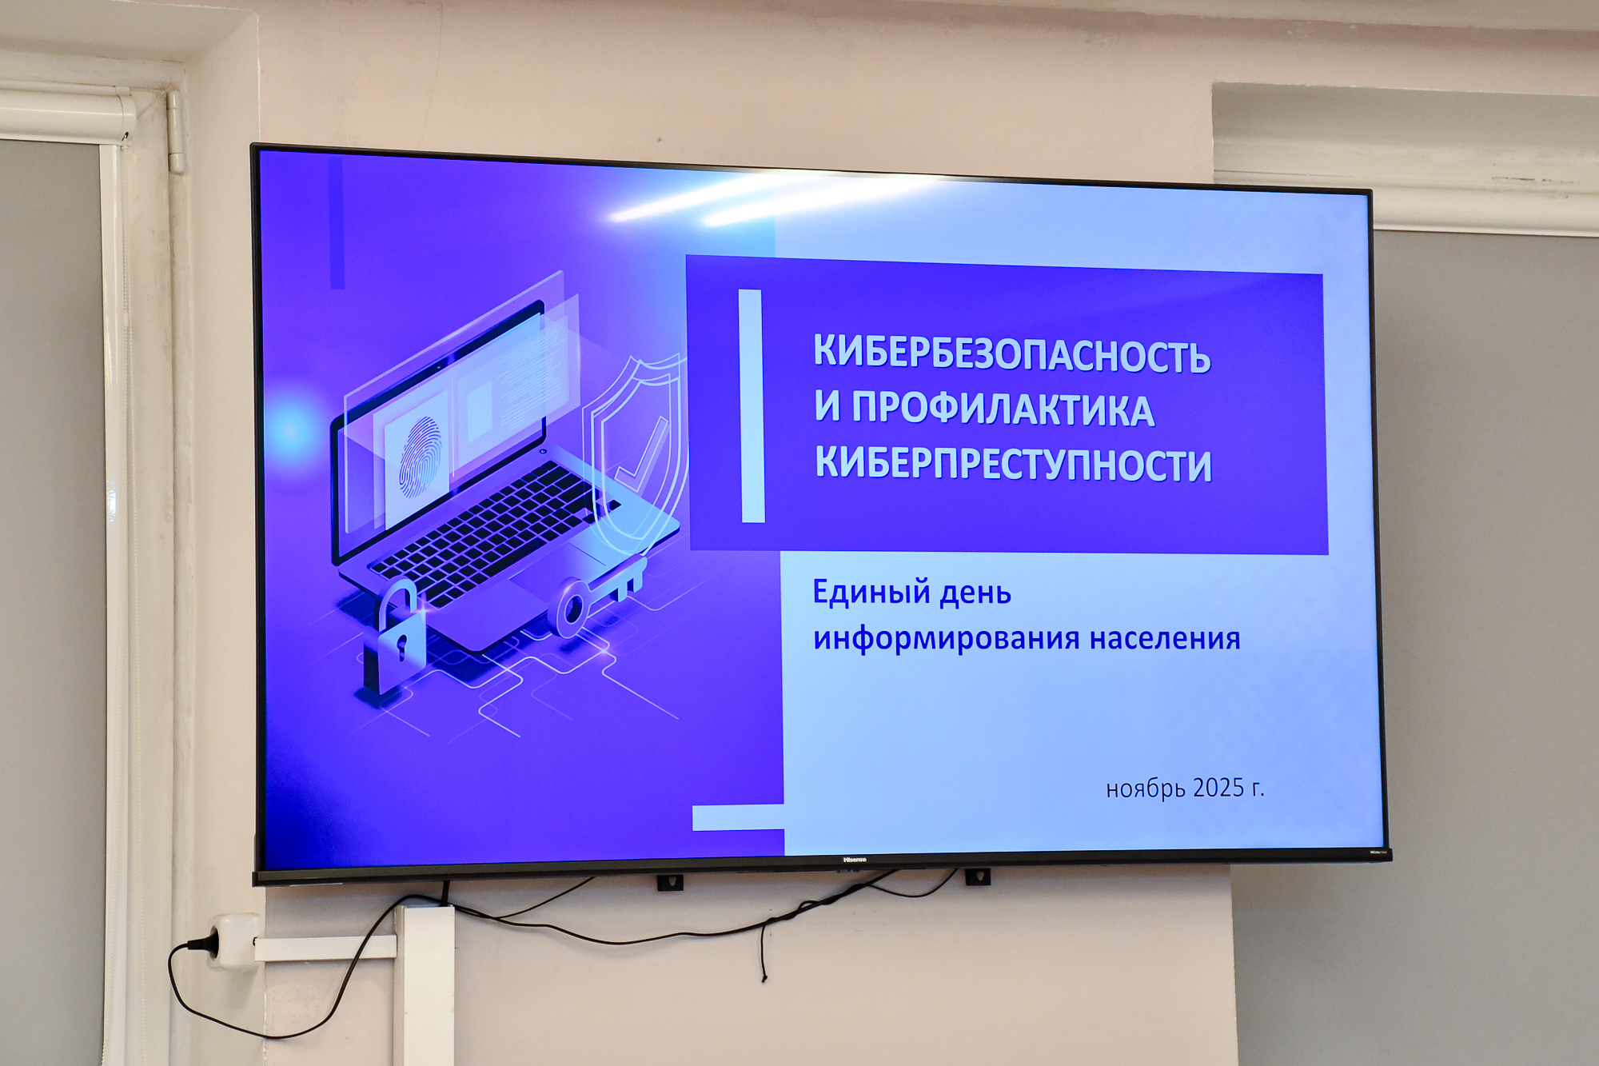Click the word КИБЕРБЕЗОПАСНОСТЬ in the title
click(x=1012, y=353)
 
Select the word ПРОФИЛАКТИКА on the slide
click(x=1003, y=409)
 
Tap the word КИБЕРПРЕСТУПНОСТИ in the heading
click(x=1013, y=463)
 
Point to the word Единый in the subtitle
click(x=871, y=593)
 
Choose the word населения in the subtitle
click(x=1165, y=639)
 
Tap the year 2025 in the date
click(x=1218, y=788)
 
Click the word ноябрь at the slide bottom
click(x=1146, y=789)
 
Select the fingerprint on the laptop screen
click(x=420, y=457)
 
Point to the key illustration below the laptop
click(x=596, y=598)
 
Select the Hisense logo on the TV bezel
click(x=855, y=860)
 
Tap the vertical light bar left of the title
click(x=752, y=406)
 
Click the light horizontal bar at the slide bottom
click(x=738, y=817)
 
